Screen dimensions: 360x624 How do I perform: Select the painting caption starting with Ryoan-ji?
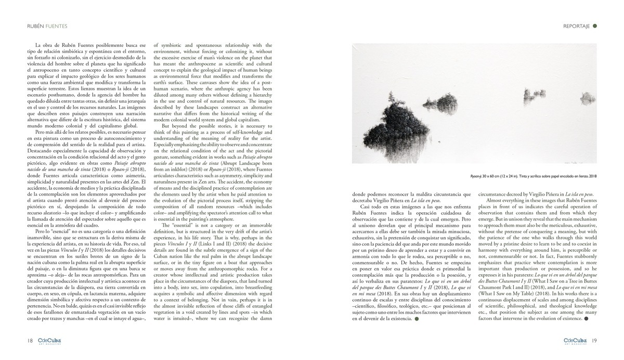(x=534, y=176)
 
